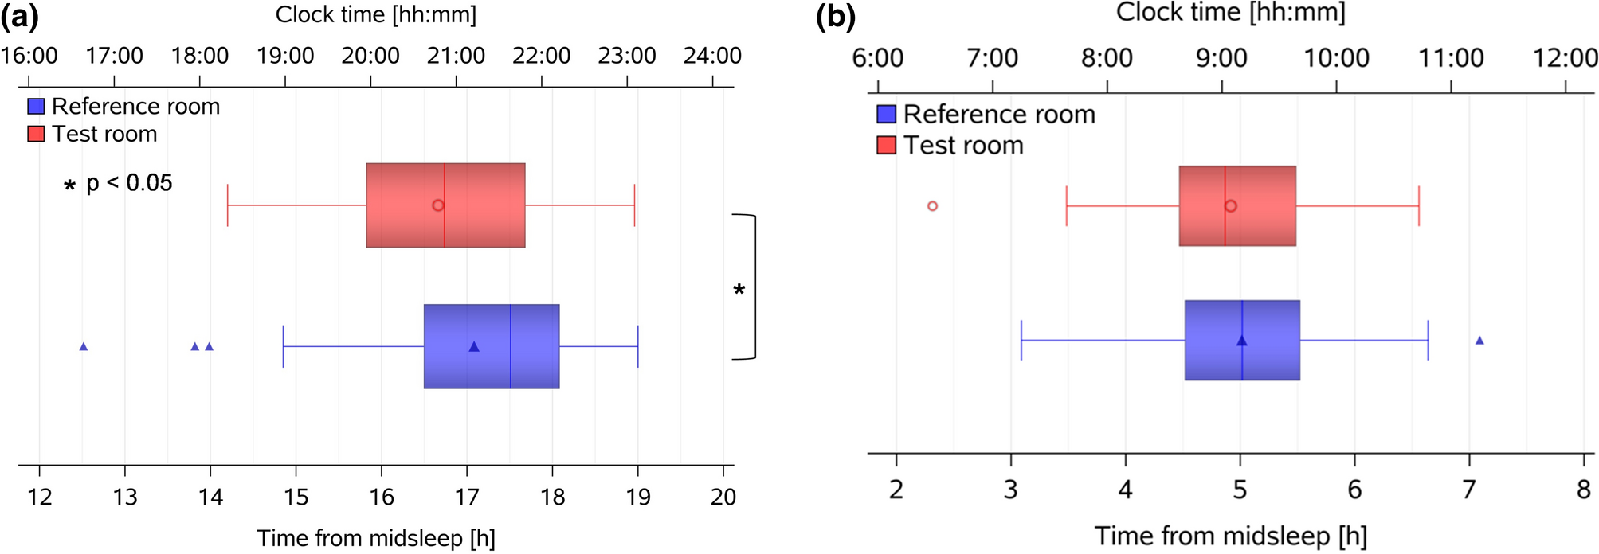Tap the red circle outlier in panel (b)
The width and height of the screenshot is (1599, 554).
coord(932,205)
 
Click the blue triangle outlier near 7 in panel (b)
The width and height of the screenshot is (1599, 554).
coord(1479,341)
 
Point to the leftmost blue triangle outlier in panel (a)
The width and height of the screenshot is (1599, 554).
coord(84,346)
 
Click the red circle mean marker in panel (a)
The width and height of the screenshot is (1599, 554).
coord(437,205)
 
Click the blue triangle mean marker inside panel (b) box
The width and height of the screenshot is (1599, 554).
coord(1241,341)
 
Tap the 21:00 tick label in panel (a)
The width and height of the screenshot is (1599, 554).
coord(456,56)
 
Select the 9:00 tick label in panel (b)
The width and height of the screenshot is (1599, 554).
coord(1221,58)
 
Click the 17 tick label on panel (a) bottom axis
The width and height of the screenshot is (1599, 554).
coord(467,497)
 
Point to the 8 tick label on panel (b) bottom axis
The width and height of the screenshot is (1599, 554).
coord(1583,490)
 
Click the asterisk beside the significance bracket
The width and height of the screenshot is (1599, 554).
coord(739,291)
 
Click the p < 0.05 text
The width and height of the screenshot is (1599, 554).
coord(129,183)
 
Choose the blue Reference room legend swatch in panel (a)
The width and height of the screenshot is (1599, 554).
coord(36,106)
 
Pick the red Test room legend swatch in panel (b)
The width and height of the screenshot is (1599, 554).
coord(886,145)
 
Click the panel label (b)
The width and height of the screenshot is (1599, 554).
coord(835,16)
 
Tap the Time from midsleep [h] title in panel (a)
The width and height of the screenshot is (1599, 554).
coord(376,538)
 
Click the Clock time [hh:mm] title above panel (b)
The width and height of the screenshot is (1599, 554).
coord(1230,12)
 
